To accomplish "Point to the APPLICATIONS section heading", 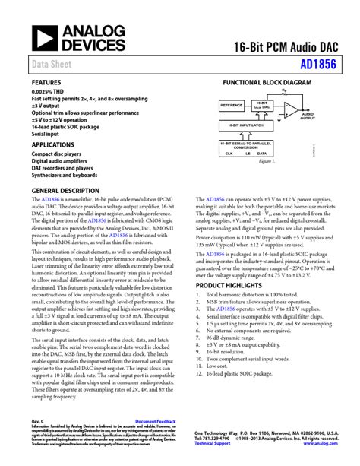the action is [52, 145].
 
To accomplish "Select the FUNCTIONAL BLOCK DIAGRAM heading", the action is [266, 81].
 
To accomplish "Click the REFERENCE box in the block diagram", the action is [230, 105].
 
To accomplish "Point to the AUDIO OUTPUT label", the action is [308, 116].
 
